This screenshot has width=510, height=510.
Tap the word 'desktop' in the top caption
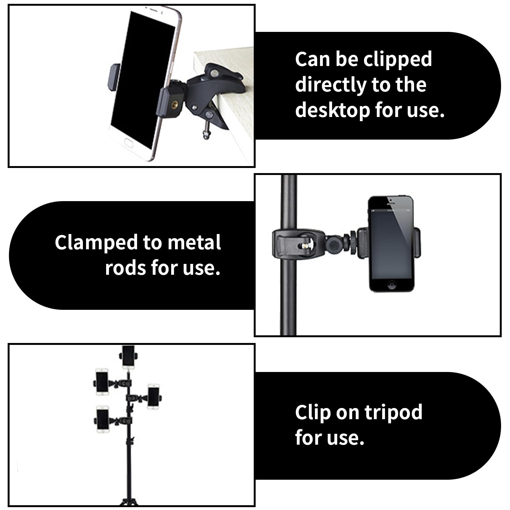pos(332,110)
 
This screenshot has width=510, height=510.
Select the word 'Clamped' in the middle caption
pos(96,243)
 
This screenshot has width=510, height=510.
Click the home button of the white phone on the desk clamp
pos(128,142)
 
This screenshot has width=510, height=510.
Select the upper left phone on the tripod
pos(102,382)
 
